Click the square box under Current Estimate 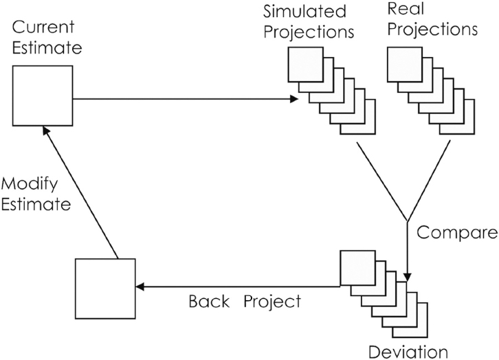42,95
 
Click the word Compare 457,232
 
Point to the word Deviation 408,352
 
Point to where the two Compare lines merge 408,221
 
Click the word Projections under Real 434,30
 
